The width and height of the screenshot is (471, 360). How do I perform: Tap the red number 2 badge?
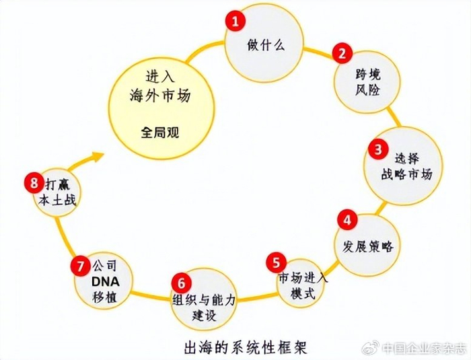[342, 53]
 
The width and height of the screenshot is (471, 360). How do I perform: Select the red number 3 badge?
[379, 149]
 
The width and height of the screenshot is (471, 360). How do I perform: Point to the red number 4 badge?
[347, 219]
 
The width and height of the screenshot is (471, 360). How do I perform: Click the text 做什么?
[265, 46]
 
